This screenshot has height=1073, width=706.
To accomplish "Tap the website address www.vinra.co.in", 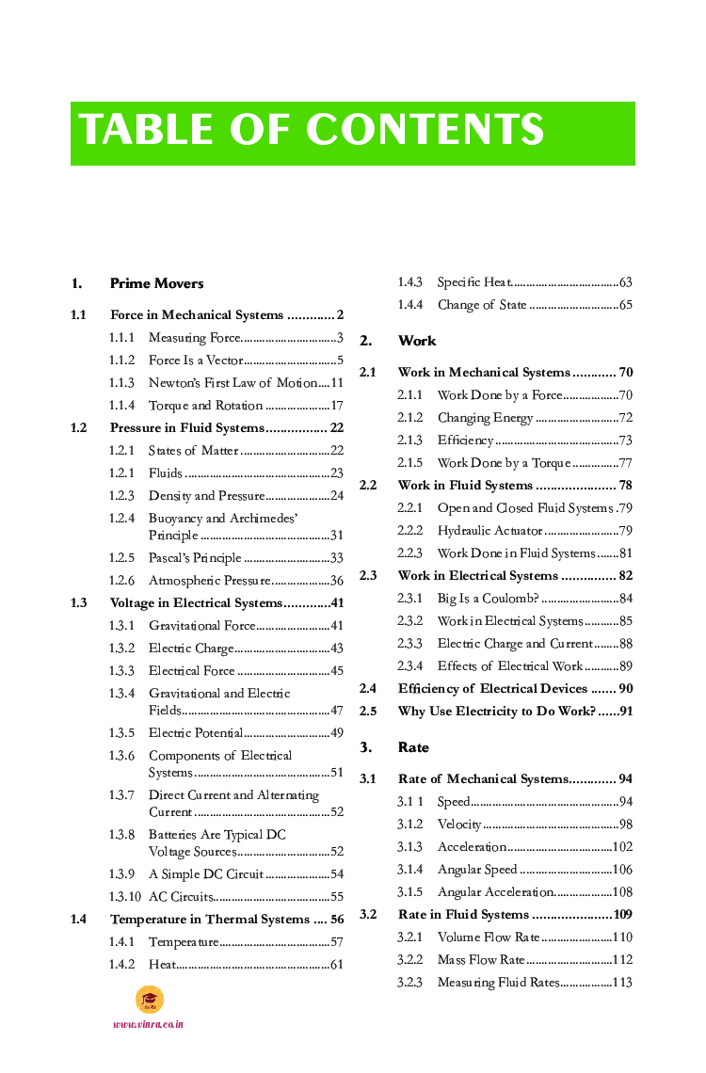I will coord(148,1024).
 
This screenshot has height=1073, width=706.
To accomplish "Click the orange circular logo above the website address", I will coord(149,1000).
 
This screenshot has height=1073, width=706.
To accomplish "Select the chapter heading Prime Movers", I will coord(156,283).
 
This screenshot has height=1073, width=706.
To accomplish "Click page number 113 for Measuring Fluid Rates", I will coord(621,983).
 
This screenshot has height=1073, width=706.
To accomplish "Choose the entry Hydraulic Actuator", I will coord(489,531).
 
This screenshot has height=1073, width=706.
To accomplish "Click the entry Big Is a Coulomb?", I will coord(488,599).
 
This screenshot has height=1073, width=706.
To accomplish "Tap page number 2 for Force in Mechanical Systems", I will coord(340,315).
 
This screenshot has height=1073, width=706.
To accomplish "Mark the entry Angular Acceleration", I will coord(495,892).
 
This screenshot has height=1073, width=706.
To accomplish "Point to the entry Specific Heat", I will coord(474,282).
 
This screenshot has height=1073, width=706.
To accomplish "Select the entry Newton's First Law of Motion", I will coord(233,383).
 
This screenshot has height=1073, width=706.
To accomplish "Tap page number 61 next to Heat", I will coord(336,965).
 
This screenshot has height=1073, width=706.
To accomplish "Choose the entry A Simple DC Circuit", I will coord(206,874).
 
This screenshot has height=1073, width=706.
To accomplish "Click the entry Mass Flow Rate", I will coord(481,960).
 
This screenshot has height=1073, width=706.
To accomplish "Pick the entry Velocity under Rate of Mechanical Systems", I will coord(459,825).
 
